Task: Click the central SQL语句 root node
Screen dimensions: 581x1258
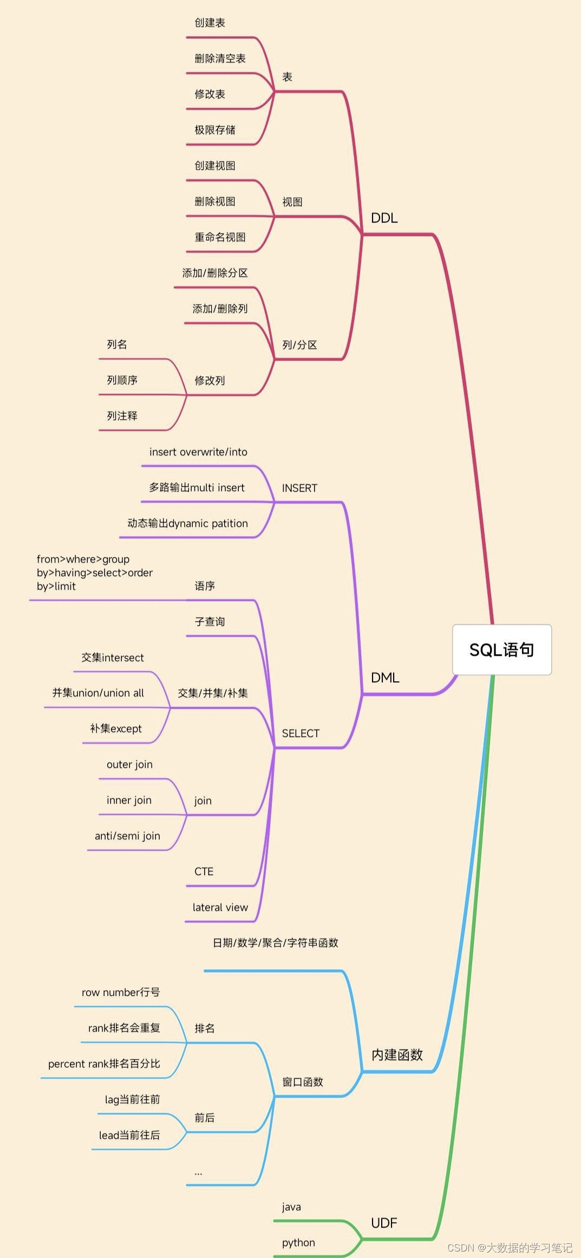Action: click(501, 649)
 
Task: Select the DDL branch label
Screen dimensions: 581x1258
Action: click(384, 218)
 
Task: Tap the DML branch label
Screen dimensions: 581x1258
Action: click(384, 677)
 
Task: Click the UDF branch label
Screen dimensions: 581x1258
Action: click(384, 1222)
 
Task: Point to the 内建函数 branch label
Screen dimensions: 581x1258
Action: click(397, 1054)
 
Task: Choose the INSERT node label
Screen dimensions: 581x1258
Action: click(299, 488)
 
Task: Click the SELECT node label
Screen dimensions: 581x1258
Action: click(301, 733)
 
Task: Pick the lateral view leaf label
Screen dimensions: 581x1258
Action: click(220, 907)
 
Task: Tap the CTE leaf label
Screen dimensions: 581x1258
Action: click(204, 871)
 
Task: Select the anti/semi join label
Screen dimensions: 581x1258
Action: click(127, 836)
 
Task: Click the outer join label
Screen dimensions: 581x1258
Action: click(129, 764)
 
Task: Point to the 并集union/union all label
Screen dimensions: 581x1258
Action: click(98, 693)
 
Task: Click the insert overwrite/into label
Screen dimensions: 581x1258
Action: click(198, 452)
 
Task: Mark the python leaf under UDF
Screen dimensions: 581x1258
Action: click(298, 1242)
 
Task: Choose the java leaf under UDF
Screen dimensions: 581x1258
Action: click(291, 1207)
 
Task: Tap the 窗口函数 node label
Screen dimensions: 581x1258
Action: click(302, 1081)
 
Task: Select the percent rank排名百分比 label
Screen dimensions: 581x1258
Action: click(104, 1064)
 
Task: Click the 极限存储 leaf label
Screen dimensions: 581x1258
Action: click(215, 129)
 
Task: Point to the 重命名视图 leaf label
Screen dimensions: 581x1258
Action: click(220, 237)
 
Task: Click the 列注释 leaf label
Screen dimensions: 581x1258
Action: click(122, 415)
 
